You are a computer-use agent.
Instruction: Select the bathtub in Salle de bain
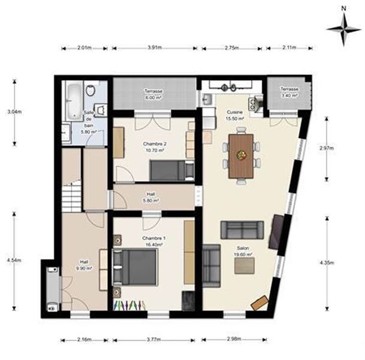tap(74, 101)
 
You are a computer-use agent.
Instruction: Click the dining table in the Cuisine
tap(241, 156)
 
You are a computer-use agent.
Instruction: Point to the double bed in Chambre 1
tap(135, 267)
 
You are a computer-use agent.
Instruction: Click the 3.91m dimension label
tap(155, 48)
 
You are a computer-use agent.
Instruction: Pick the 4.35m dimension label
tap(327, 262)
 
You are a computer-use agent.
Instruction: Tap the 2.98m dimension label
tap(234, 338)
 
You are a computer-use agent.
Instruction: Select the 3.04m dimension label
tap(14, 112)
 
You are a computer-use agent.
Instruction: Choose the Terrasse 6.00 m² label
tap(153, 94)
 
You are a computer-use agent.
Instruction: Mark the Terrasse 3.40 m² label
tap(289, 92)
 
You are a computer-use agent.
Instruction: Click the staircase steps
tap(72, 197)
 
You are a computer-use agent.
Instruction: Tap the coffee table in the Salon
tap(245, 266)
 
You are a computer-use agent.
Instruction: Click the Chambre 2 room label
tap(155, 147)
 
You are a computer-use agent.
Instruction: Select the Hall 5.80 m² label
tap(151, 197)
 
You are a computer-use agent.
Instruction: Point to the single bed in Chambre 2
tap(172, 170)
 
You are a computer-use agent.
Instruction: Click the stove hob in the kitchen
tap(252, 103)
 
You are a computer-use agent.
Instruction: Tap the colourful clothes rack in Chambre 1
tap(129, 305)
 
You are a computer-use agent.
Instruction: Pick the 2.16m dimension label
tap(85, 340)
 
